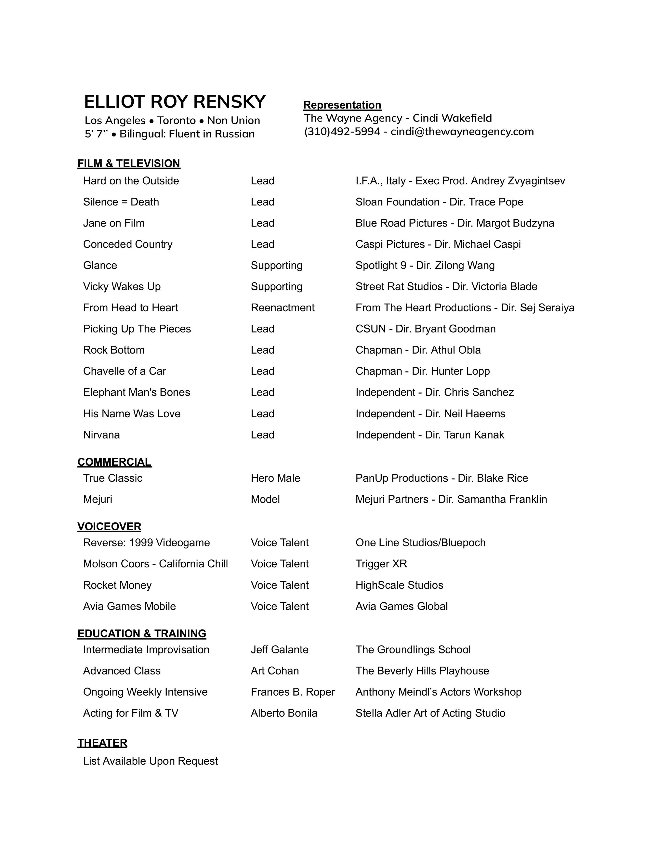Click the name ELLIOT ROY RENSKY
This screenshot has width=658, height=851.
(x=175, y=102)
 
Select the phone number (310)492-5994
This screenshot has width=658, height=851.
(x=342, y=132)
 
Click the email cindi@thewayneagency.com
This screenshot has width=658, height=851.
(x=462, y=132)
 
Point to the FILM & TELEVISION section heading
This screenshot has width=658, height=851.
(x=129, y=163)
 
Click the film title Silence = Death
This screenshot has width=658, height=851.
(x=121, y=202)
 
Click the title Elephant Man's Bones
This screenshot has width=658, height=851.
(x=136, y=392)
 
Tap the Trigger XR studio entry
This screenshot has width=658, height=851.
(x=381, y=564)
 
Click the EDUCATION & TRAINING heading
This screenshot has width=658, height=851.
(x=142, y=633)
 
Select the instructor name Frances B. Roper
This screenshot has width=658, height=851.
(x=292, y=692)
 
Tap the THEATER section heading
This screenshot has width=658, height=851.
(x=102, y=743)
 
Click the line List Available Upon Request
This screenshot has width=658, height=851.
(x=150, y=761)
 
